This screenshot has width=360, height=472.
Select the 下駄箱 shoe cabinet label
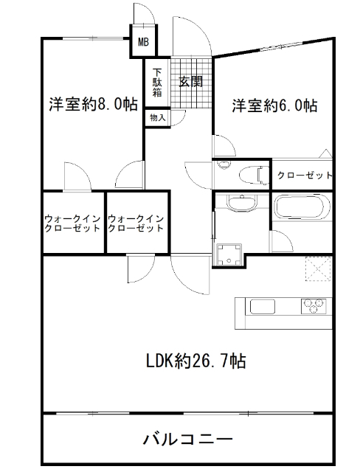click(x=157, y=82)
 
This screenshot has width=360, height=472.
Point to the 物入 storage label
click(x=157, y=117)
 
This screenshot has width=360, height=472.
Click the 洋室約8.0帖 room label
click(x=93, y=104)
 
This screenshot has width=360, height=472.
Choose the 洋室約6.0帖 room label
click(x=274, y=105)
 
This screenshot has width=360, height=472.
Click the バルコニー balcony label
click(x=187, y=440)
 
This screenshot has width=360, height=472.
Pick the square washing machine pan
click(x=227, y=251)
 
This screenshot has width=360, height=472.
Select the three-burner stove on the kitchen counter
click(x=313, y=305)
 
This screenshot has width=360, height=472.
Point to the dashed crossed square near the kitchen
click(x=318, y=268)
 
